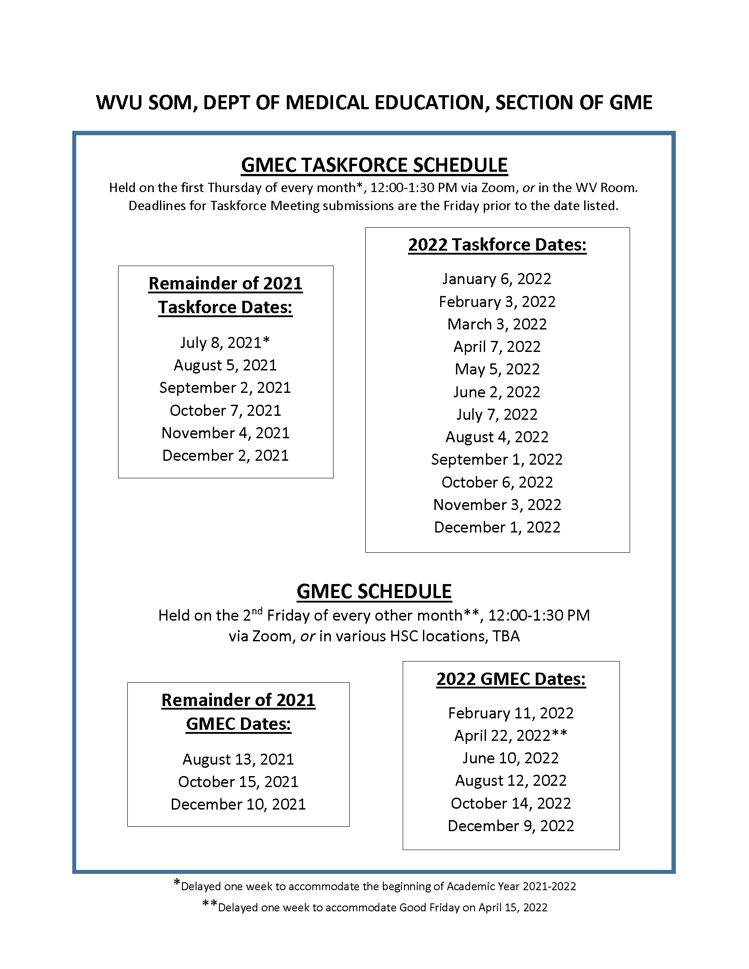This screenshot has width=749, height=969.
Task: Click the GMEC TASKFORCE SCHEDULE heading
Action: pyautogui.click(x=374, y=166)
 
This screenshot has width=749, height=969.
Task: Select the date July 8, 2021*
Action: pyautogui.click(x=225, y=343)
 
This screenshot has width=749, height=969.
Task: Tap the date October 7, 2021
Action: pyautogui.click(x=225, y=411)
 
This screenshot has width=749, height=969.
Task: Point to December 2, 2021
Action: pyautogui.click(x=225, y=456)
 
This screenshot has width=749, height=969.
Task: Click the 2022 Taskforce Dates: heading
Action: pyautogui.click(x=497, y=245)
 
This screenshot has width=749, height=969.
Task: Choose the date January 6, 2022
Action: pyautogui.click(x=497, y=279)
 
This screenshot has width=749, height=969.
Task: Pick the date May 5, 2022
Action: pyautogui.click(x=497, y=369)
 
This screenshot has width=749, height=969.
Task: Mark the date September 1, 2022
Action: pyautogui.click(x=497, y=460)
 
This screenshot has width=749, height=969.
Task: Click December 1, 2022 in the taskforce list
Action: pyautogui.click(x=497, y=527)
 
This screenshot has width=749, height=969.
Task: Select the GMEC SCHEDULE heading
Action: pyautogui.click(x=374, y=592)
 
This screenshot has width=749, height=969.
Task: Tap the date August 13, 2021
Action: pyautogui.click(x=238, y=759)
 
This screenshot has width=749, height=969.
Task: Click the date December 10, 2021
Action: pyautogui.click(x=238, y=804)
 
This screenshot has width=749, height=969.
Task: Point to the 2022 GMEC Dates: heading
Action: pyautogui.click(x=511, y=679)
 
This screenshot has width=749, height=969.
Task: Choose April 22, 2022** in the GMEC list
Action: pyautogui.click(x=510, y=736)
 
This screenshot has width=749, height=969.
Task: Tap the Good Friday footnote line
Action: pyautogui.click(x=375, y=907)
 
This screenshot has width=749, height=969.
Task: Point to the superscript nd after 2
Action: pyautogui.click(x=257, y=611)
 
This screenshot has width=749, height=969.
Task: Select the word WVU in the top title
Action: pyautogui.click(x=119, y=103)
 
